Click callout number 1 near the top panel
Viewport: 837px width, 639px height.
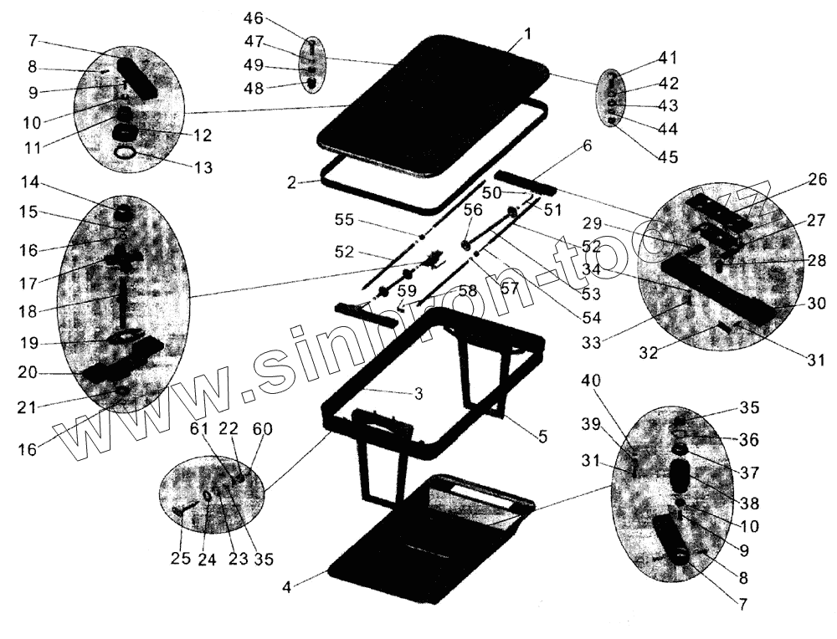pos(528,33)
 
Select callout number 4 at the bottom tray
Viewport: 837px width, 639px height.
pos(287,586)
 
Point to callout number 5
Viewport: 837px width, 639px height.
pos(542,436)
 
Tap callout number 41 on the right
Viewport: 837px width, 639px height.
pos(668,59)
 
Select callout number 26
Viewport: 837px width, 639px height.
pos(817,178)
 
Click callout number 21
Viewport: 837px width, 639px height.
pos(28,406)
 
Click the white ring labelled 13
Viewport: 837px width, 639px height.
pos(124,153)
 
